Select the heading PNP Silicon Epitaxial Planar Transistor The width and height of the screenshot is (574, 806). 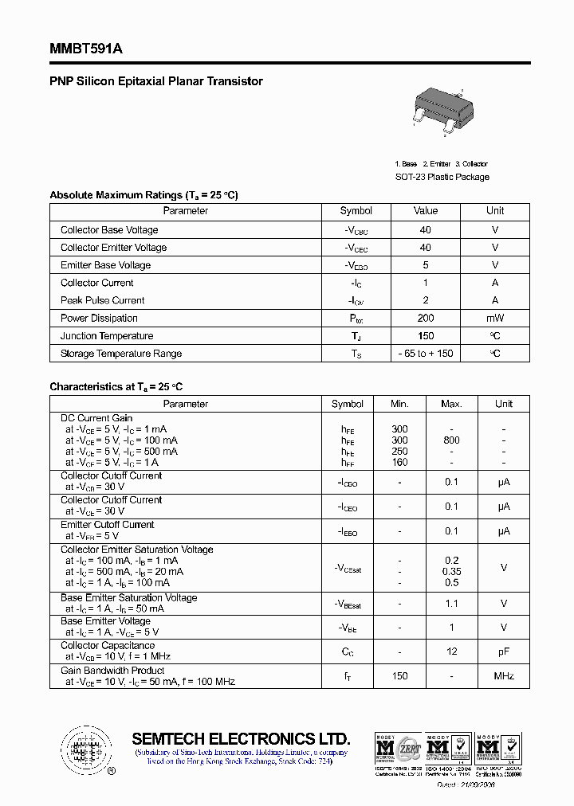point(156,81)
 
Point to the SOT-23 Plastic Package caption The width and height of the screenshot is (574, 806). point(442,177)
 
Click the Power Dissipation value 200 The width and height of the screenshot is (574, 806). point(426,319)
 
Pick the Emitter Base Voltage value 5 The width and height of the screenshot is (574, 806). point(426,265)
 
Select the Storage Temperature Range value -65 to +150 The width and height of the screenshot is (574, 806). point(426,354)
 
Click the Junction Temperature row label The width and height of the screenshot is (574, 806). point(107,336)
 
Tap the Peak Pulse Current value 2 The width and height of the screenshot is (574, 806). point(426,300)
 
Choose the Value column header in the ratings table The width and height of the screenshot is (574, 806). point(426,211)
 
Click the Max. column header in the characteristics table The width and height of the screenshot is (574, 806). point(451,404)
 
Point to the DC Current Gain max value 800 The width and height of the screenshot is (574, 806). point(451,440)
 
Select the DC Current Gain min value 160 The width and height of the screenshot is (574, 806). point(399,462)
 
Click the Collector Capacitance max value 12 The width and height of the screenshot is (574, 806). point(451,651)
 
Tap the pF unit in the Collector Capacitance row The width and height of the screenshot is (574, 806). point(504,651)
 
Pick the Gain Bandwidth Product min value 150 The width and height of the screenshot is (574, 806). point(399,676)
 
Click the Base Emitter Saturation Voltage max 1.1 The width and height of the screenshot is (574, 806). point(451,604)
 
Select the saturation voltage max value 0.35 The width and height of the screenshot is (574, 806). point(451,571)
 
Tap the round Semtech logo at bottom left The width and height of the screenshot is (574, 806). point(84,749)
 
